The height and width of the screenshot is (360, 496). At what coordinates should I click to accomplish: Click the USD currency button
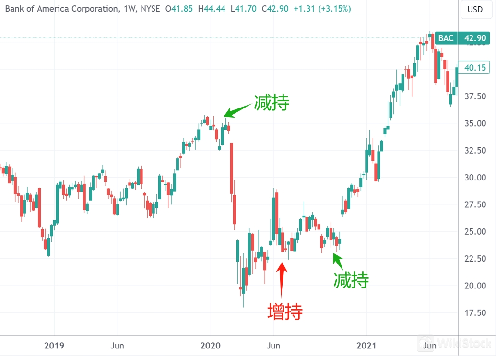475,9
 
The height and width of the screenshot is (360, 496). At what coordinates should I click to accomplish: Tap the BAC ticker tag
446,38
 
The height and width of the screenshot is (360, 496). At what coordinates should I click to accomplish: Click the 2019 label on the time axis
54,346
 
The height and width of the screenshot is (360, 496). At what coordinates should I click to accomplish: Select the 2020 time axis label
210,346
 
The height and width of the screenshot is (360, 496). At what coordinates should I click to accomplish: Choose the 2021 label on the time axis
366,346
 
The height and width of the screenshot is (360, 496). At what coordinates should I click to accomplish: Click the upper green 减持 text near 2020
272,103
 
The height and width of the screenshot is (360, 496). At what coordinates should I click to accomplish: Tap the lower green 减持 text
351,280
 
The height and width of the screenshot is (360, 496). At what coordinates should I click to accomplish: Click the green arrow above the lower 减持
338,260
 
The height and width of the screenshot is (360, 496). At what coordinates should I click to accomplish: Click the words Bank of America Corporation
61,9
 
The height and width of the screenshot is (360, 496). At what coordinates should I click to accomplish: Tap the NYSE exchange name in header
150,9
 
